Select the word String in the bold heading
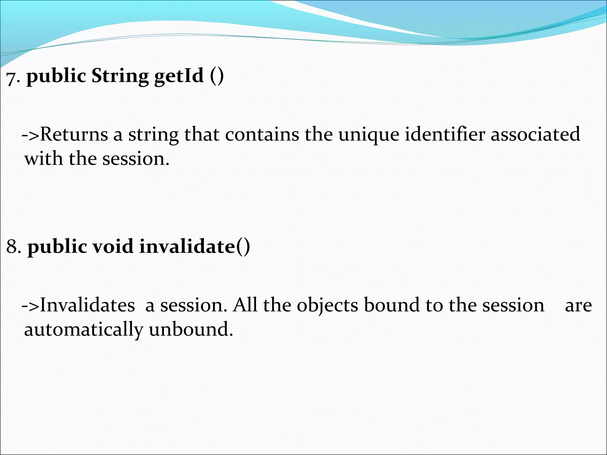click(x=120, y=76)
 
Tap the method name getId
click(x=179, y=76)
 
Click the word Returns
click(x=74, y=134)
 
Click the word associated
click(x=535, y=134)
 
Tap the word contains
click(x=262, y=134)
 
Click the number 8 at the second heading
click(x=12, y=246)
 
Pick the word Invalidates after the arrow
click(x=87, y=305)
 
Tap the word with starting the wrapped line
click(x=44, y=158)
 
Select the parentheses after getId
click(x=217, y=76)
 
